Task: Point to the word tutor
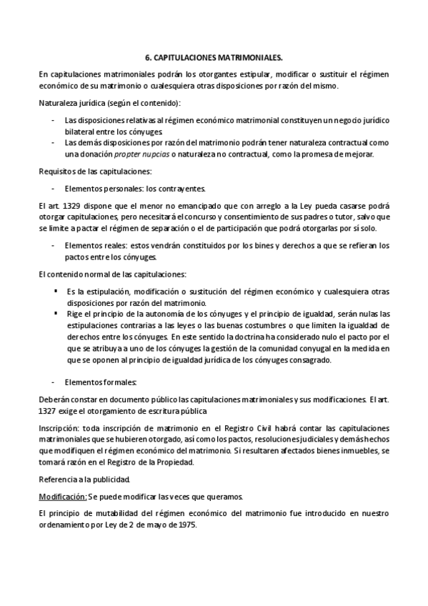point(342,217)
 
